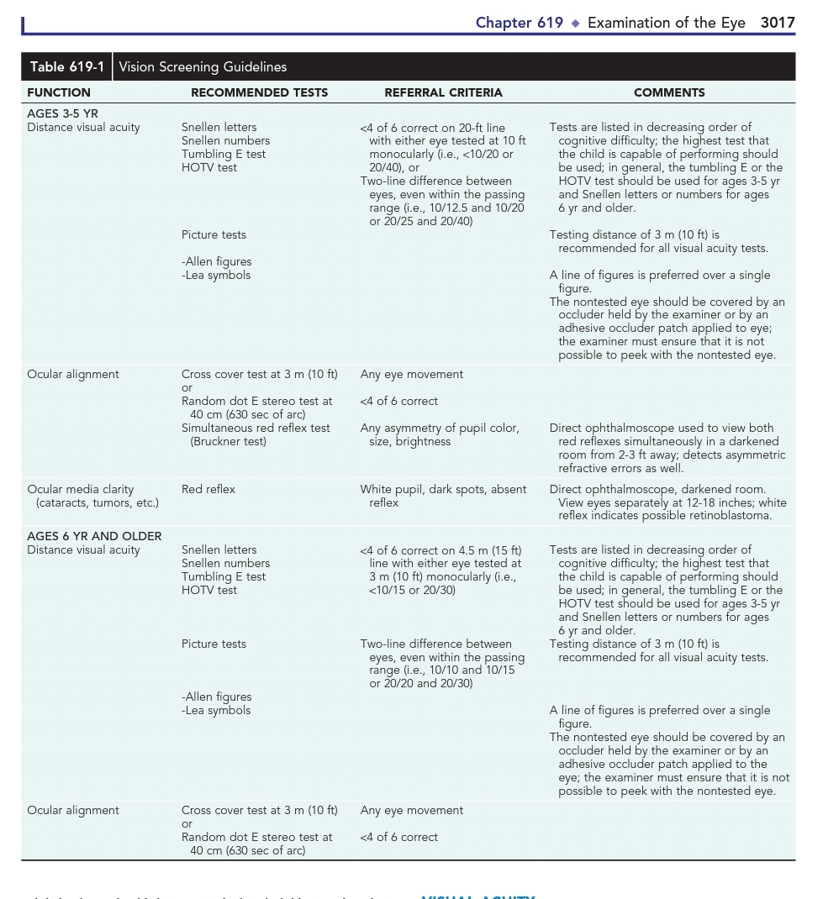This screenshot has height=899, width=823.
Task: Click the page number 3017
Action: click(778, 23)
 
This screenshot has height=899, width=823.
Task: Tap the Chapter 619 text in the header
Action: click(519, 23)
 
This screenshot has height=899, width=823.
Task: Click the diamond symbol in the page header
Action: click(576, 24)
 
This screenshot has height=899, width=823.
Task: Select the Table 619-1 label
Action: click(67, 67)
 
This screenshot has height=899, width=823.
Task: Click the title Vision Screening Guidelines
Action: click(203, 67)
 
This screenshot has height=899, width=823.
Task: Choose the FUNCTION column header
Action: click(59, 92)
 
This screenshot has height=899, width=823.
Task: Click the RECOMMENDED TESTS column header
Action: click(259, 92)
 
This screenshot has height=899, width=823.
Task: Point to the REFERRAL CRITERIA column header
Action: click(443, 92)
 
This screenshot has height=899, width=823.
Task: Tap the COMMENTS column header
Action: click(669, 92)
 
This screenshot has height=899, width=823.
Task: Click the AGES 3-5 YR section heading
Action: click(62, 113)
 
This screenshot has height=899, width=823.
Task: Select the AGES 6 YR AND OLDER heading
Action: click(94, 536)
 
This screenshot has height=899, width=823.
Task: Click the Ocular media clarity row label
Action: click(81, 489)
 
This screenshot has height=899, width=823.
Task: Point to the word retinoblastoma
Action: click(732, 516)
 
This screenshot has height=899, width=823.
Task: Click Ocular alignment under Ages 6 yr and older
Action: click(73, 810)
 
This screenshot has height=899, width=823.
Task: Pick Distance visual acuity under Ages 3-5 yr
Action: click(83, 128)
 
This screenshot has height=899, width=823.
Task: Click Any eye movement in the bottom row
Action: click(412, 810)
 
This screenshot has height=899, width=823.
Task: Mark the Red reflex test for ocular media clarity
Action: click(208, 489)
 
